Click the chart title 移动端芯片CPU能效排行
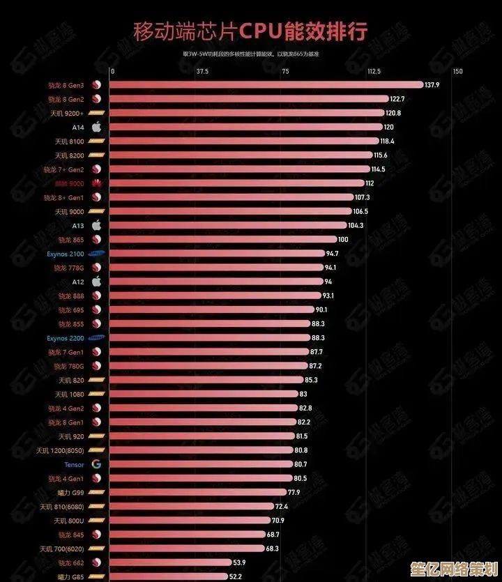[x=250, y=31]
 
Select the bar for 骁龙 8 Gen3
[x=265, y=85]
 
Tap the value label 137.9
[x=432, y=85]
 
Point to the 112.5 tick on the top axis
[x=374, y=71]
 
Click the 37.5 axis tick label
[x=202, y=71]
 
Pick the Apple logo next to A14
[x=97, y=127]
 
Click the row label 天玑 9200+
[x=67, y=113]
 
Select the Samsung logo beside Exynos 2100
[x=97, y=254]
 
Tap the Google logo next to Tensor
[x=97, y=464]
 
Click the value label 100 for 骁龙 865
[x=343, y=240]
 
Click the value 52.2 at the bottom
[x=236, y=576]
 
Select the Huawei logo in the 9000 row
[x=97, y=183]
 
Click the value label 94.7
[x=332, y=254]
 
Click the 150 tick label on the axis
[x=457, y=71]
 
